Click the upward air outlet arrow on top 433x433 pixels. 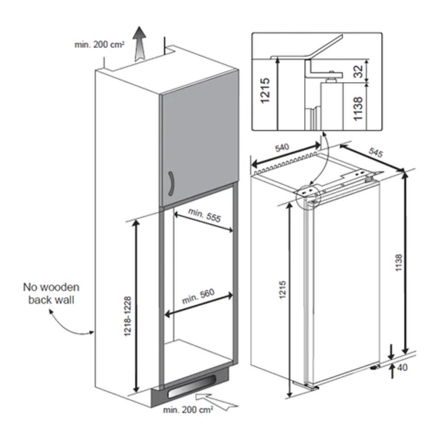tap(139, 43)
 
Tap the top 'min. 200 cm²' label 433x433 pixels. tap(100, 44)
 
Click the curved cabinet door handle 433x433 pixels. tap(170, 184)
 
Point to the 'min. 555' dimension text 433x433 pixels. tap(204, 214)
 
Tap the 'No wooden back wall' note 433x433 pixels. tap(52, 293)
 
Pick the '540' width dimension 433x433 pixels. tap(282, 149)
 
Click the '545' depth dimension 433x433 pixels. tap(376, 152)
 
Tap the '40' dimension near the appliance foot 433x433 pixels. tap(402, 368)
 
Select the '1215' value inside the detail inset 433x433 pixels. tap(265, 90)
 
